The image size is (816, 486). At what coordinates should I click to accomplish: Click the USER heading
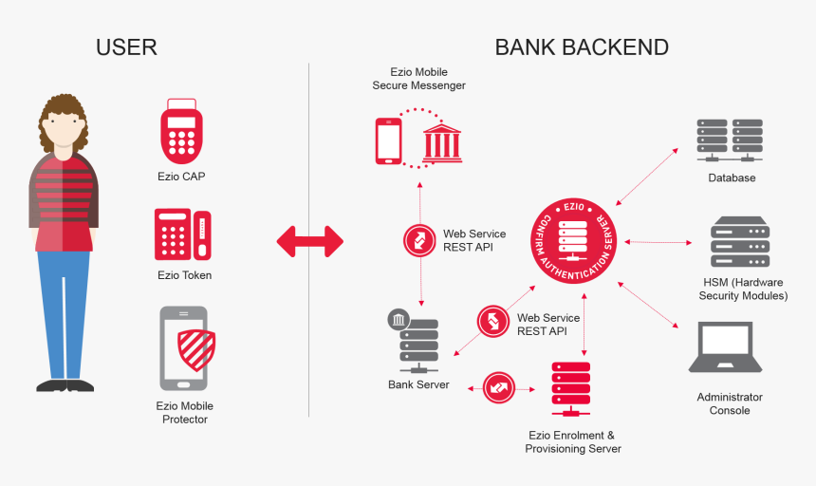tap(126, 47)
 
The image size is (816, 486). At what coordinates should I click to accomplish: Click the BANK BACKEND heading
tap(582, 47)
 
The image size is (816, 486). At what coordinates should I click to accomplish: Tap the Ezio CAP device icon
tap(181, 133)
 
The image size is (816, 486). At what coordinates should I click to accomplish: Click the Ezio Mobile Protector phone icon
tap(183, 347)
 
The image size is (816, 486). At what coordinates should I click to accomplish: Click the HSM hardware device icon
tap(740, 242)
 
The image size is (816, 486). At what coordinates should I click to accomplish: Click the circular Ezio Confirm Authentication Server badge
tap(572, 241)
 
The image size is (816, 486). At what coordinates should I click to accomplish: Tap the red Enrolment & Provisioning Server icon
tap(570, 388)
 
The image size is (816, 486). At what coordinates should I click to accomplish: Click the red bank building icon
tap(441, 140)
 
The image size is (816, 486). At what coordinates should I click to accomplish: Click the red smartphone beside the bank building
tap(389, 140)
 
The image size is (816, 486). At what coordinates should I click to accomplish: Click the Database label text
tap(732, 178)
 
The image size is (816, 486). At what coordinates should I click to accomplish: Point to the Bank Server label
tap(418, 384)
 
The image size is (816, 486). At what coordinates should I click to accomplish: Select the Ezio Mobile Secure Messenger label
tap(418, 79)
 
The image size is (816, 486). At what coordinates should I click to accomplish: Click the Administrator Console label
tap(730, 403)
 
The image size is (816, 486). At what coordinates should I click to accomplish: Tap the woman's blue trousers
tap(65, 313)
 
